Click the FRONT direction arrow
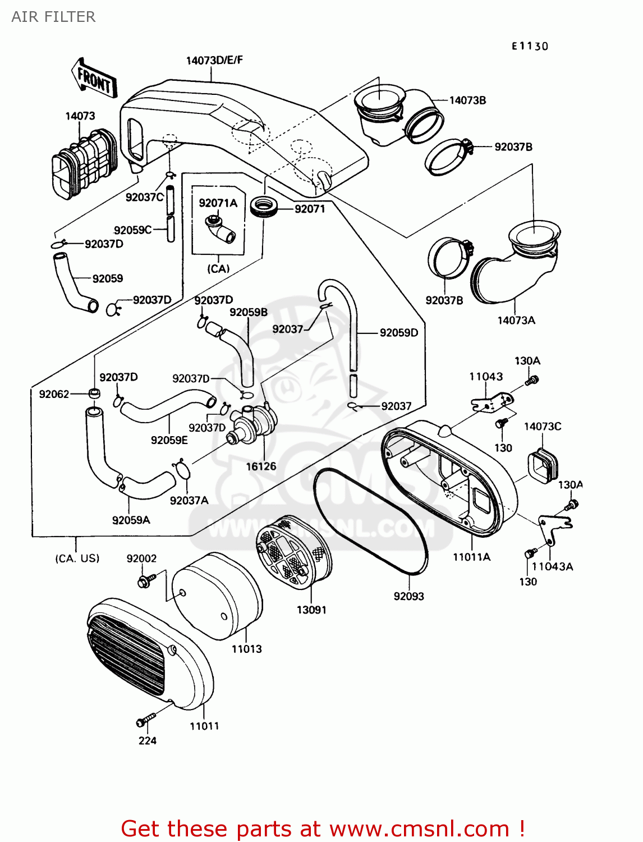(x=94, y=79)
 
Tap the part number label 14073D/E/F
(x=214, y=60)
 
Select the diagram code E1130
(x=529, y=46)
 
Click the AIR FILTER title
(x=53, y=17)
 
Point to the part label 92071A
(x=218, y=203)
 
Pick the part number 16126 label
(x=261, y=466)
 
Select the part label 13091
(x=311, y=610)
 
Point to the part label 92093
(x=408, y=596)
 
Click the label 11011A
(x=471, y=557)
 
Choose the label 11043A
(x=552, y=566)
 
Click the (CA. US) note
(x=77, y=558)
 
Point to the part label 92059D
(x=398, y=333)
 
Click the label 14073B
(x=467, y=100)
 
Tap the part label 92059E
(x=169, y=440)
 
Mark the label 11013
(x=246, y=649)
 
